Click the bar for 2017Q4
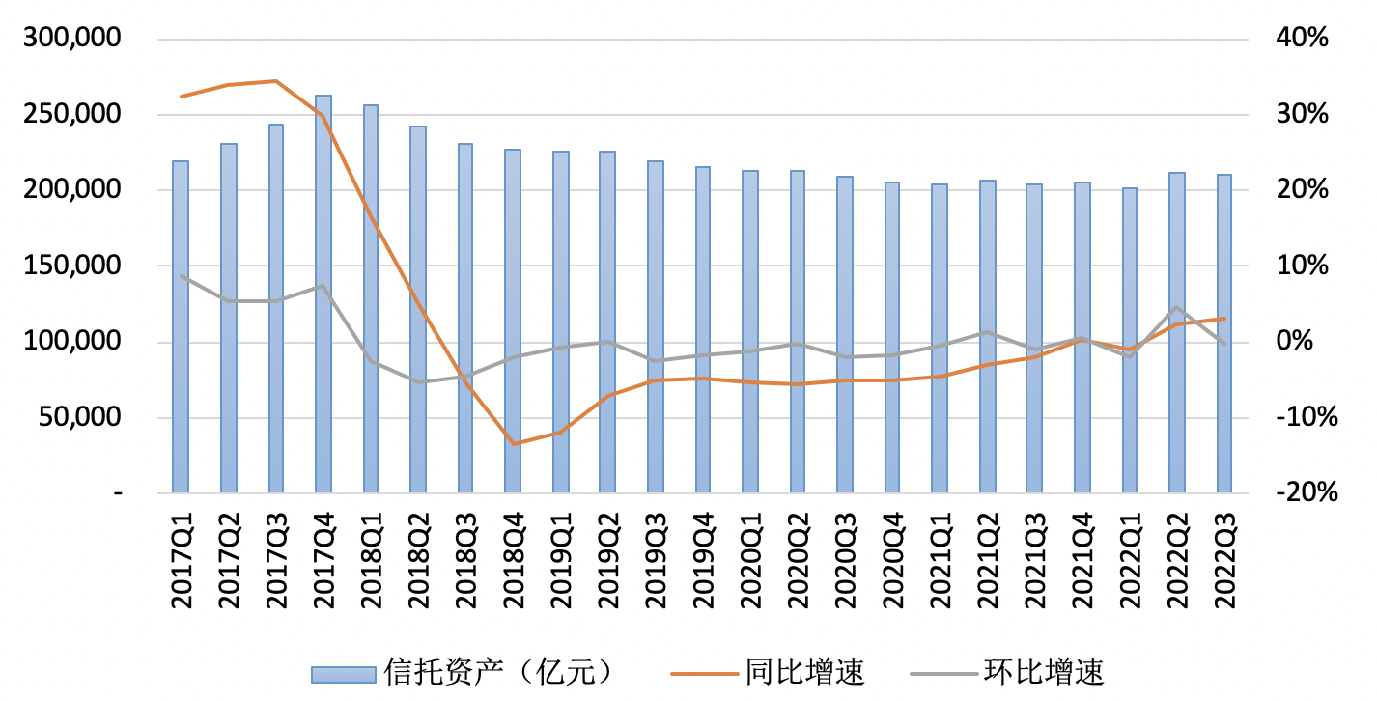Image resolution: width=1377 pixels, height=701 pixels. click(x=323, y=294)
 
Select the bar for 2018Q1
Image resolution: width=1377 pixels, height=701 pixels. click(x=371, y=299)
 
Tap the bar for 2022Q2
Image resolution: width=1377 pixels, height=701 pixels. click(x=1176, y=333)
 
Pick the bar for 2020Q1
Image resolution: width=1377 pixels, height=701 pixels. click(x=749, y=332)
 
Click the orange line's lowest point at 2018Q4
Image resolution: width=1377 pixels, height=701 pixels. click(x=513, y=444)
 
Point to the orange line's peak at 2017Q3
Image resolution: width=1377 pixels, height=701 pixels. click(x=276, y=81)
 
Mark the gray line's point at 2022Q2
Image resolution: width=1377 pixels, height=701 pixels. click(x=1176, y=308)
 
